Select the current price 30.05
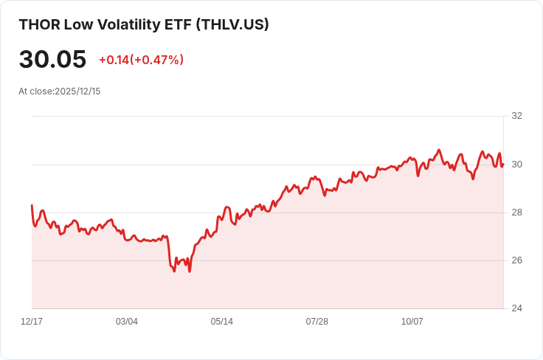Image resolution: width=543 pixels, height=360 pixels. (x=52, y=60)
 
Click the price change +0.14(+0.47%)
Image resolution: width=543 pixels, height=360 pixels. (x=141, y=60)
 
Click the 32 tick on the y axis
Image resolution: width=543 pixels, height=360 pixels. (x=516, y=116)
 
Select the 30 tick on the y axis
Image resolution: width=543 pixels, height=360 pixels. (x=516, y=164)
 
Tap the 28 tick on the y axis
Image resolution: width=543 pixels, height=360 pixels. (x=516, y=212)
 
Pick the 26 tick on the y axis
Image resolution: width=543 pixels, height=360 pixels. (x=516, y=260)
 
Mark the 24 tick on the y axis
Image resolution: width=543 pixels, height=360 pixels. (x=516, y=308)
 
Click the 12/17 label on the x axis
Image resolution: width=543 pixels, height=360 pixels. (x=32, y=322)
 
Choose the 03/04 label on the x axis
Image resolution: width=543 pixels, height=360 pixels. (x=127, y=322)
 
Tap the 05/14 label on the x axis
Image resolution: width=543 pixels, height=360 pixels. (x=222, y=322)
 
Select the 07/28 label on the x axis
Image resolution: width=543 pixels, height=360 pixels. (x=317, y=322)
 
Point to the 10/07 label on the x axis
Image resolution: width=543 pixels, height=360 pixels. (x=412, y=322)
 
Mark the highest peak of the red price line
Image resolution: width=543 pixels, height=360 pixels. (x=439, y=150)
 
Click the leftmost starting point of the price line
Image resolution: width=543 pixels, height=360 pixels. (x=32, y=205)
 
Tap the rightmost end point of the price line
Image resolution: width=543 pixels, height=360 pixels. (x=503, y=165)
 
